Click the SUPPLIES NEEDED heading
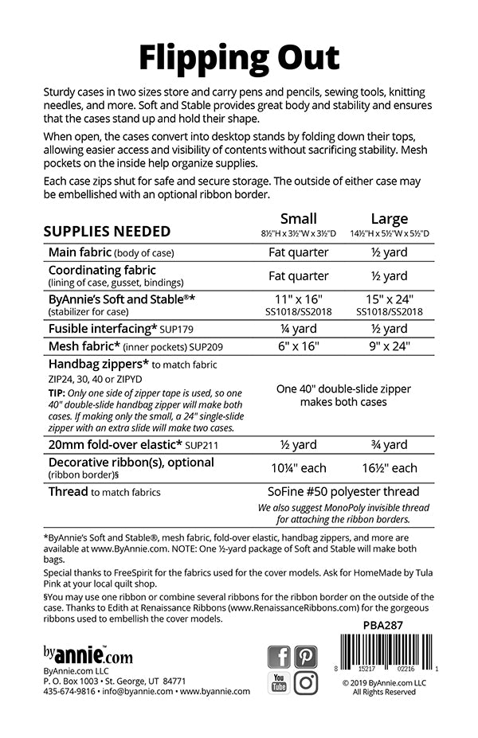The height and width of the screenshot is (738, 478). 107,232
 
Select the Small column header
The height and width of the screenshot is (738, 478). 299,218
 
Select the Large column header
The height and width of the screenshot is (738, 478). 390,218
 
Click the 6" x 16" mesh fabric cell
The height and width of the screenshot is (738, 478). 299,346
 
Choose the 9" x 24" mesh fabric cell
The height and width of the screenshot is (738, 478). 390,346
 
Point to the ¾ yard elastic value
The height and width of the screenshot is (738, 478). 390,444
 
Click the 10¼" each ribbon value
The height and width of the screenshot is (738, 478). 299,467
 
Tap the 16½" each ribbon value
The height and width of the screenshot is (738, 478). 390,467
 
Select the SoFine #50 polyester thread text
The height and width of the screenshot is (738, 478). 344,492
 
